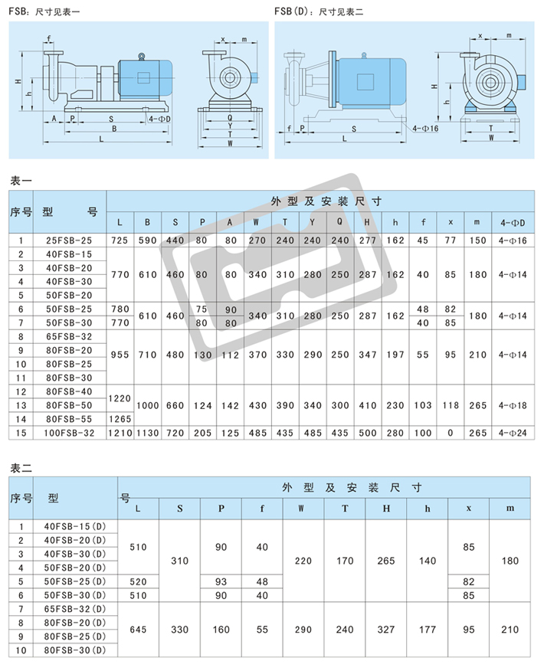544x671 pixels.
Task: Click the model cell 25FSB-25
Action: point(69,241)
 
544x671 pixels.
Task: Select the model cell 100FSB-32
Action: point(69,433)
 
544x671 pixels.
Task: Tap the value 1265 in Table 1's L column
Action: point(120,419)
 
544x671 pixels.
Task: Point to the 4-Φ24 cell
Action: point(513,433)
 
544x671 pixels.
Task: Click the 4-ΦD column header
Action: point(513,223)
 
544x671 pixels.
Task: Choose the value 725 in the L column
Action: point(120,241)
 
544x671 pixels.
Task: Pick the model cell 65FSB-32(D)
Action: point(75,609)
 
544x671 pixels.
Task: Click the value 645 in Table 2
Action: point(138,630)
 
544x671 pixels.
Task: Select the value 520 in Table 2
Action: point(138,581)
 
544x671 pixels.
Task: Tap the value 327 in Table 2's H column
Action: point(386,630)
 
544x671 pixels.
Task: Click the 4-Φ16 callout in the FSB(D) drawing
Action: point(425,129)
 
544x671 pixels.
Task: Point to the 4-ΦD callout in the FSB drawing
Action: point(159,119)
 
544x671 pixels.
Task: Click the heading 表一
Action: point(21,181)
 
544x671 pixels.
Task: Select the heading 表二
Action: point(21,468)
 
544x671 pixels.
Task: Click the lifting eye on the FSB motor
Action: point(141,56)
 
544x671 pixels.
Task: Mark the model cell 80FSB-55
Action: point(69,419)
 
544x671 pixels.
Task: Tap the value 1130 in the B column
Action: point(148,433)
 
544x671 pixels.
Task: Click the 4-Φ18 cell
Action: point(513,405)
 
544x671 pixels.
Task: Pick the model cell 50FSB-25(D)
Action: point(75,581)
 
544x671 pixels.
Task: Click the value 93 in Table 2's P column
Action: point(221,581)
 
